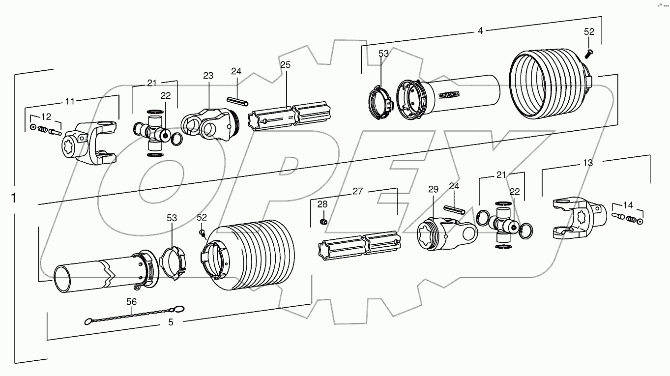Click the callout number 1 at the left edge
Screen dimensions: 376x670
point(14,198)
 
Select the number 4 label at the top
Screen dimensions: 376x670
point(480,31)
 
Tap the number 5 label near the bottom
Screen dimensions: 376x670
point(171,322)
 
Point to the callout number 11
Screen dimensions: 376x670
point(70,101)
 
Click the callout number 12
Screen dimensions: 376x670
point(45,117)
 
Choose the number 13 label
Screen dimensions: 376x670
point(587,163)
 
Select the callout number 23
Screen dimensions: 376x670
point(208,76)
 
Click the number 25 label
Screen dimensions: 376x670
point(285,64)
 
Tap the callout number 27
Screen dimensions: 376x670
point(357,191)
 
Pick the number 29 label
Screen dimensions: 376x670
point(433,189)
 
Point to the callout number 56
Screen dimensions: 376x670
point(132,302)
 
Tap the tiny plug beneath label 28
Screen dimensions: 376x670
point(323,222)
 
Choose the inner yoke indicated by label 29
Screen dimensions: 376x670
point(445,234)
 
